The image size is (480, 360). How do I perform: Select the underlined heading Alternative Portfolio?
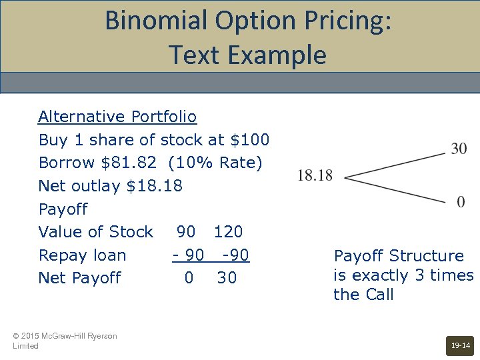coord(117,117)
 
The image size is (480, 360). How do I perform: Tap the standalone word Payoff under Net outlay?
coord(63,209)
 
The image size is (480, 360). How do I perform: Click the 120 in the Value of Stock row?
coord(228,232)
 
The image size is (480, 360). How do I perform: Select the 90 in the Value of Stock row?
coord(186,232)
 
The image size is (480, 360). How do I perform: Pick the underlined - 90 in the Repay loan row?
coord(188,255)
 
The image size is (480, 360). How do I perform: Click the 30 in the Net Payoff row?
coord(227,278)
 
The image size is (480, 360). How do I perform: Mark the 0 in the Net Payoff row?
coord(189,278)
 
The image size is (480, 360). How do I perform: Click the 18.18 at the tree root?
coord(315,175)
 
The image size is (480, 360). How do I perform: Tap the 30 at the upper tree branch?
coord(459,149)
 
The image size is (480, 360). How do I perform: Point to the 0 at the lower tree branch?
coord(461,201)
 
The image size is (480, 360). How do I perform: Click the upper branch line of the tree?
coord(395,165)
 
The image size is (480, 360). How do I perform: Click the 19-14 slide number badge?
coord(460,346)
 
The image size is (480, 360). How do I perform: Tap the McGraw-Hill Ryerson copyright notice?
coord(65,341)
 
